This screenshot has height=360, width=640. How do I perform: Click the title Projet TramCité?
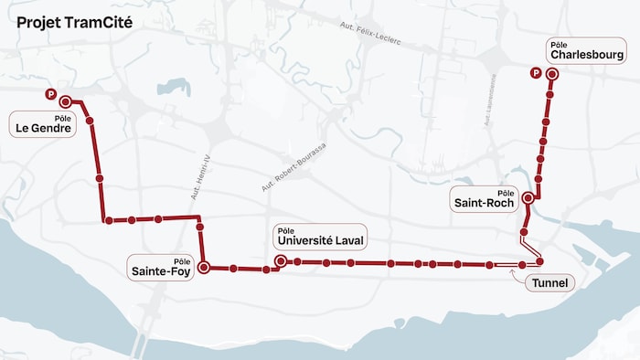click(74, 22)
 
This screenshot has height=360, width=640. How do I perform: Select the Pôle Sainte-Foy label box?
click(162, 267)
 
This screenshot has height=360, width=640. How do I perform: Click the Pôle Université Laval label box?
click(320, 237)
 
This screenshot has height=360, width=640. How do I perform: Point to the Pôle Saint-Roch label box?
click(484, 198)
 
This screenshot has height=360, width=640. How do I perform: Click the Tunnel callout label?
click(549, 283)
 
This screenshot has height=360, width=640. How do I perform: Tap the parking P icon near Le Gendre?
click(51, 94)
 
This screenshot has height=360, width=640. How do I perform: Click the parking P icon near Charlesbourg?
click(536, 74)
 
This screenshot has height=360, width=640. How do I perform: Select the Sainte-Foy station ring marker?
click(204, 268)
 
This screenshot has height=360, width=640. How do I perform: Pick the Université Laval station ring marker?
click(280, 261)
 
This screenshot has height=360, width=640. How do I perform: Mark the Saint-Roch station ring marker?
click(528, 196)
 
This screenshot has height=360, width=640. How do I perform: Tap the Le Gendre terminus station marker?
click(65, 101)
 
